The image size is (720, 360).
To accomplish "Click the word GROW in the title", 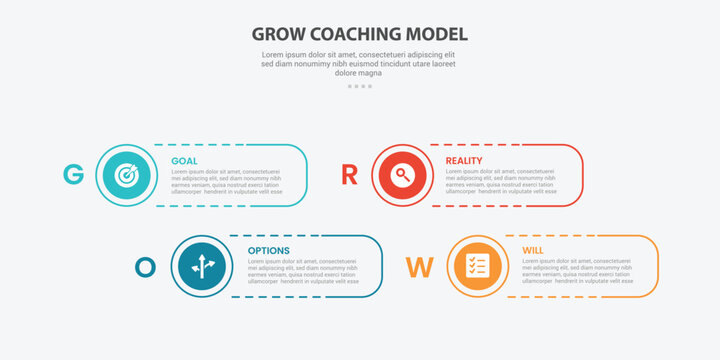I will (280, 32).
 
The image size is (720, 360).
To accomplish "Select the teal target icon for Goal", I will (126, 175).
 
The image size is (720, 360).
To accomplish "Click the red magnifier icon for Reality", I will (401, 175).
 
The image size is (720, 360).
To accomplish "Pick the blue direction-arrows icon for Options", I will (201, 266).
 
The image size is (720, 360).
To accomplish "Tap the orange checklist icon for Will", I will (477, 266).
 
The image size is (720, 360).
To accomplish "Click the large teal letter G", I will (73, 175).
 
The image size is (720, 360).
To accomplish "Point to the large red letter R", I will (349, 175).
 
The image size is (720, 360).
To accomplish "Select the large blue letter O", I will (146, 267).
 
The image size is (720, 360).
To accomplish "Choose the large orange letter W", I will (419, 267).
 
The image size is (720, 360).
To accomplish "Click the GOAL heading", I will (184, 161).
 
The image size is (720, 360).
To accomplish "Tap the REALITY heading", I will (464, 161).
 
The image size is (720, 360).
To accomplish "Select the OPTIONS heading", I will (268, 251).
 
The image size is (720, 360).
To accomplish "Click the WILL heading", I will (533, 251).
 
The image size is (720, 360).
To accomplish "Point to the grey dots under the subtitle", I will (360, 86).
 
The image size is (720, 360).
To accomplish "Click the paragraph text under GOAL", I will (227, 181).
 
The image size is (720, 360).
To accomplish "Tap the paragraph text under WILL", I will (577, 271).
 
